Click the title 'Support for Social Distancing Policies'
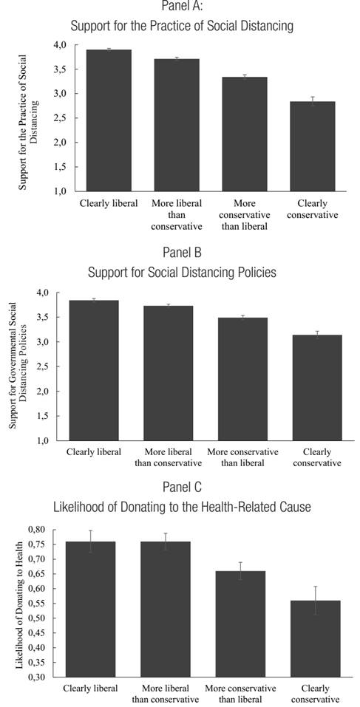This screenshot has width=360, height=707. point(182,273)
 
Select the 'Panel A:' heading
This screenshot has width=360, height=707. point(182,7)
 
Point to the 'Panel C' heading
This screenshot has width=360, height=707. point(182,488)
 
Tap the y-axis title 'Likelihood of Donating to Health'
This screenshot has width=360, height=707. point(17,602)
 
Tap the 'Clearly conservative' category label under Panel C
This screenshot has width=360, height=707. point(316,694)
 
